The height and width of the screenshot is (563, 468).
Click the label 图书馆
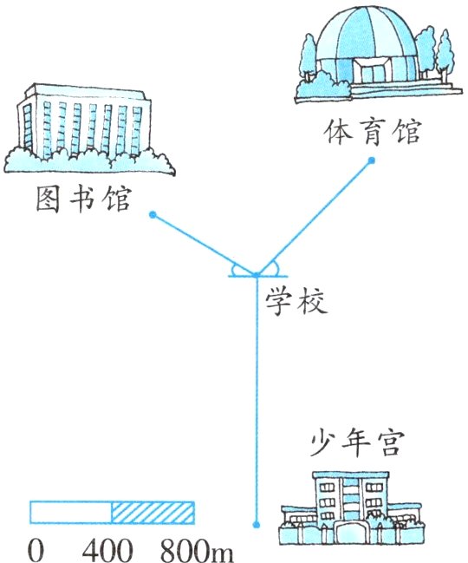point(83,199)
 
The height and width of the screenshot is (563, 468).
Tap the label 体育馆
point(372,132)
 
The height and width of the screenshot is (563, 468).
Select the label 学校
point(296,302)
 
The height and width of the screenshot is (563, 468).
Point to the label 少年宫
point(357,443)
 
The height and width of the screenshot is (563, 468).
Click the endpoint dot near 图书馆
point(153,215)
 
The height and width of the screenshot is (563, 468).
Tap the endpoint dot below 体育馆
point(372,160)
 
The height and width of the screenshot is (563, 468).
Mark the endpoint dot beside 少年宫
point(256,525)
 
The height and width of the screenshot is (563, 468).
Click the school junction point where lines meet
point(256,275)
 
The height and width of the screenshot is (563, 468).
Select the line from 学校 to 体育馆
point(314,218)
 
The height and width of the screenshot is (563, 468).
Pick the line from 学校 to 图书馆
point(205,245)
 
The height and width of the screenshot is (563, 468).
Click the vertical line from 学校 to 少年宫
point(256,401)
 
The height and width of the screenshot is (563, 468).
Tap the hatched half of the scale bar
point(153,513)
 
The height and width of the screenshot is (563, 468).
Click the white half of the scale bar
point(71,513)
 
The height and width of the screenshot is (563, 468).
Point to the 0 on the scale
point(36,549)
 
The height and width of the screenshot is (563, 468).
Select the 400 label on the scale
point(107,549)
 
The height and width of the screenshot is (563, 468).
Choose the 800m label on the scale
point(197,549)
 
